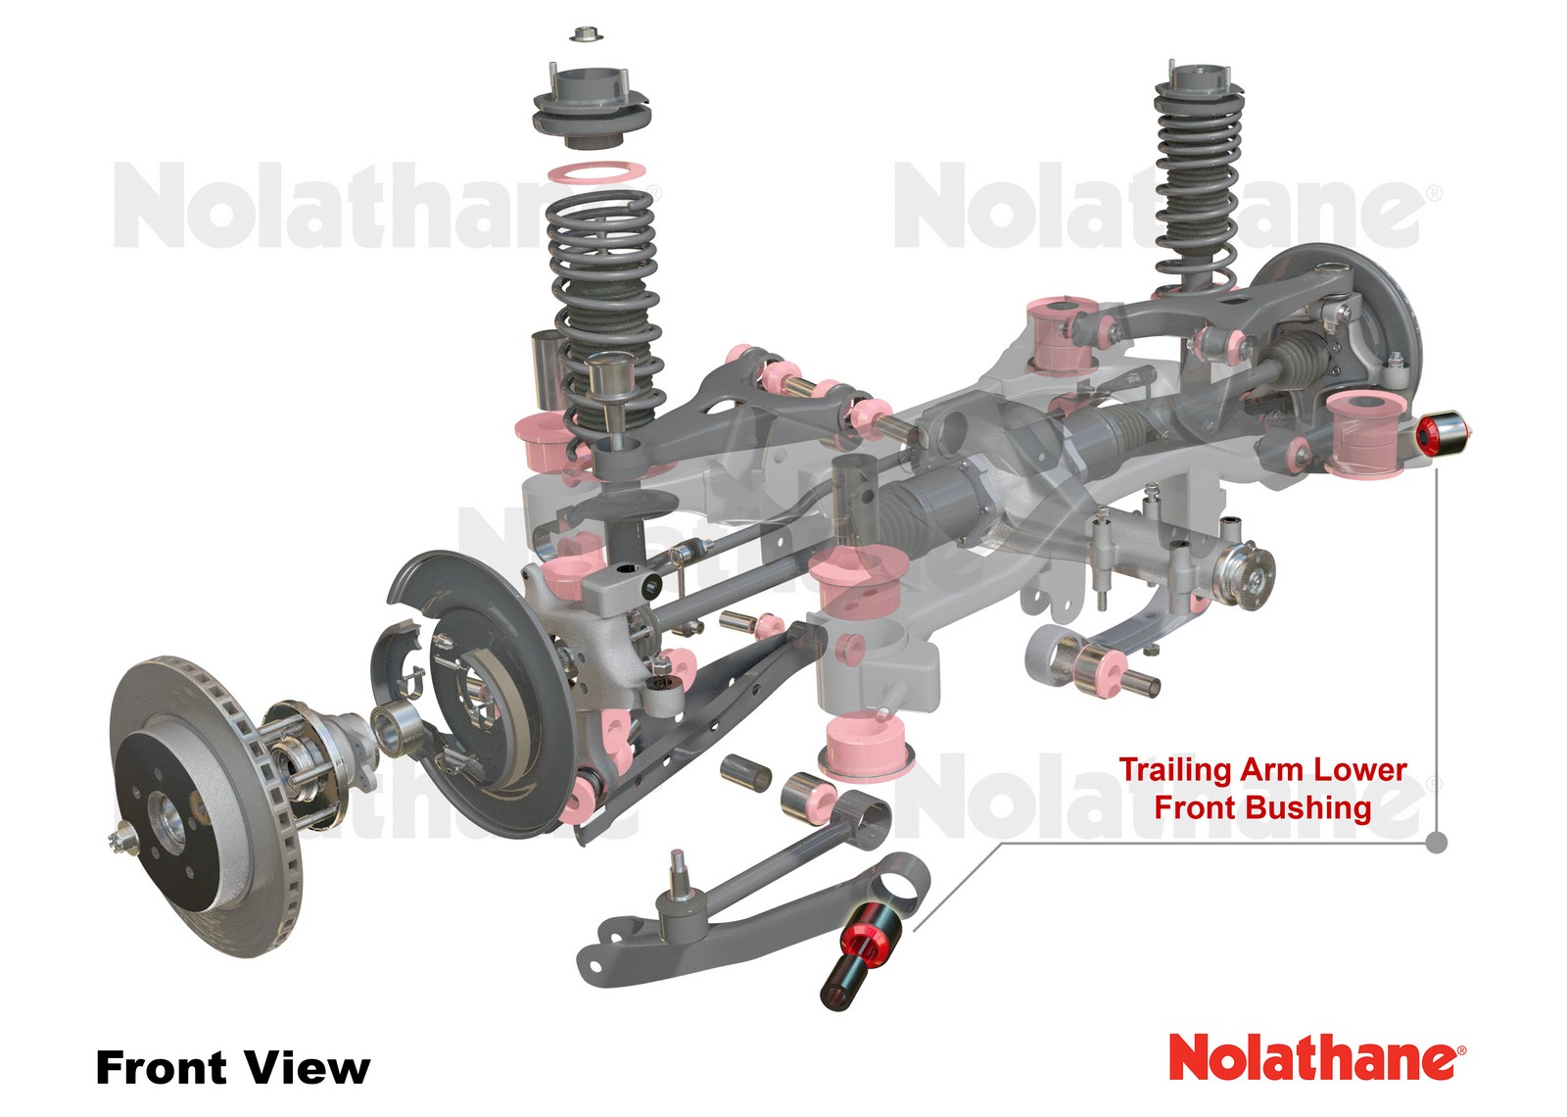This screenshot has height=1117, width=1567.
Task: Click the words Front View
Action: point(233,1067)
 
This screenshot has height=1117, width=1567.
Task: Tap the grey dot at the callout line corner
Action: point(1436,842)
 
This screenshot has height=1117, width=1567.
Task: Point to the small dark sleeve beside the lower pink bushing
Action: point(745,772)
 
